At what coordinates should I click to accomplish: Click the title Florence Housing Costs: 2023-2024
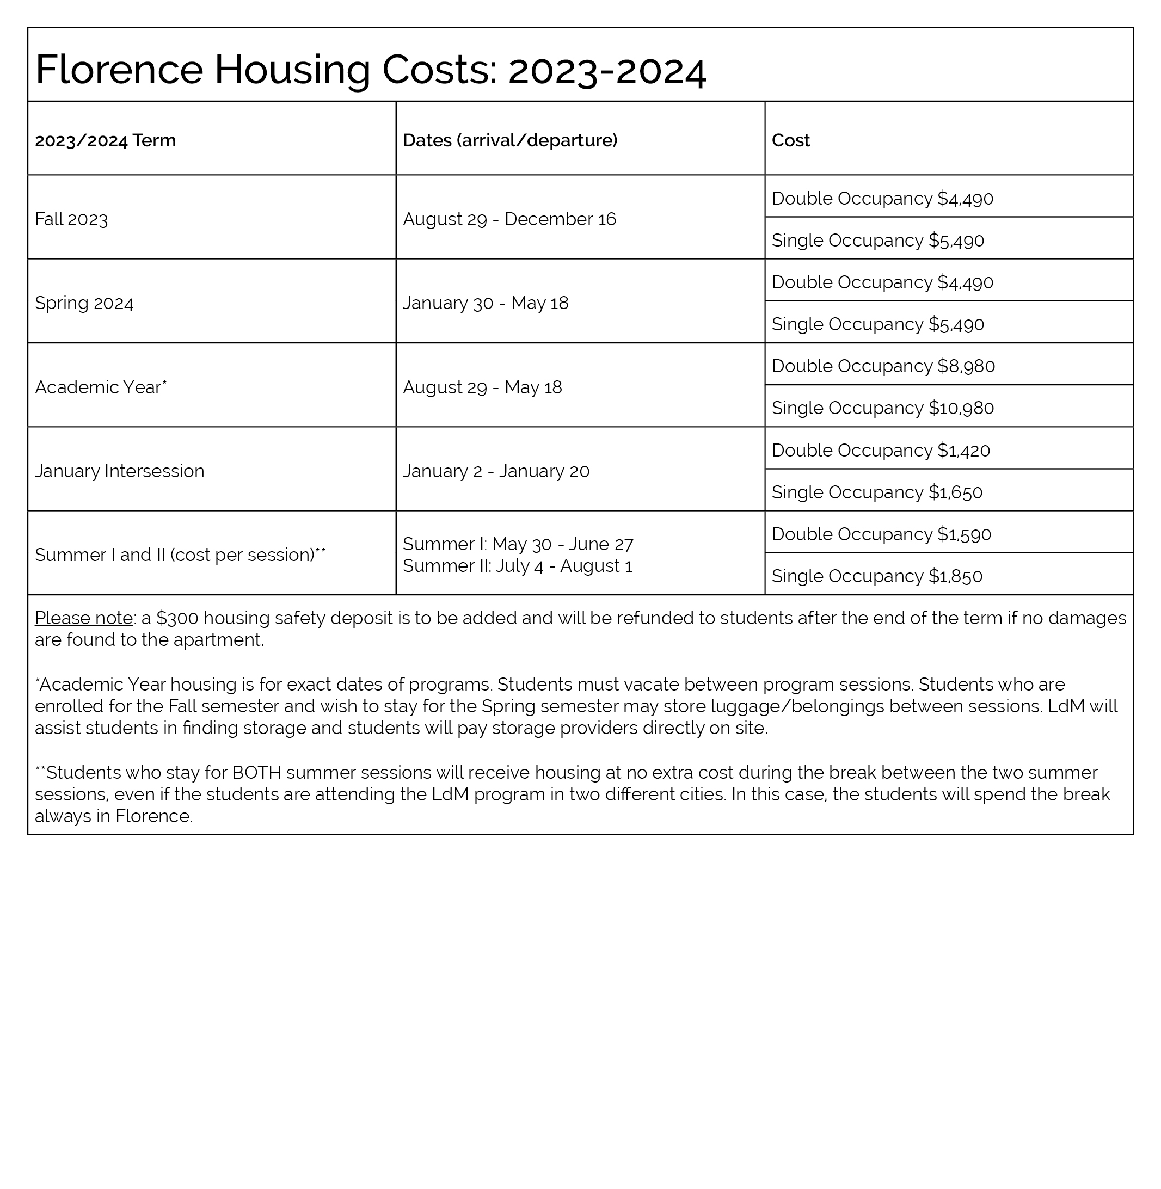pyautogui.click(x=370, y=69)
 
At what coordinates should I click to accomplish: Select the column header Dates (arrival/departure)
pyautogui.click(x=510, y=140)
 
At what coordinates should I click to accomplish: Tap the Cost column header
pyautogui.click(x=790, y=140)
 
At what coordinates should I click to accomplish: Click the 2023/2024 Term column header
pyautogui.click(x=105, y=140)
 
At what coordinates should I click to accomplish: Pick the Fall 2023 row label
pyautogui.click(x=71, y=219)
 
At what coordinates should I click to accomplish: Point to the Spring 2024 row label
pyautogui.click(x=84, y=303)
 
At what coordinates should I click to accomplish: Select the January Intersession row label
pyautogui.click(x=120, y=471)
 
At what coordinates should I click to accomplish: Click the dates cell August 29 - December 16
pyautogui.click(x=509, y=219)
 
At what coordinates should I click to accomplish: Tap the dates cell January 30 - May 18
pyautogui.click(x=486, y=303)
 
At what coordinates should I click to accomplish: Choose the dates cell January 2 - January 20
pyautogui.click(x=496, y=471)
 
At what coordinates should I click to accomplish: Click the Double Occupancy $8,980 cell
pyautogui.click(x=883, y=366)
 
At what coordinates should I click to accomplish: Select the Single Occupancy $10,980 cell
pyautogui.click(x=882, y=408)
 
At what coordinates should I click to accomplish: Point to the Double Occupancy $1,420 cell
pyautogui.click(x=881, y=451)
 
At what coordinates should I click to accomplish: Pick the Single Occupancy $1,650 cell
pyautogui.click(x=877, y=492)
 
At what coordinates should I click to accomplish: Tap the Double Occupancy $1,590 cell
pyautogui.click(x=881, y=534)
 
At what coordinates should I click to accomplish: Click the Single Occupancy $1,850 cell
pyautogui.click(x=877, y=576)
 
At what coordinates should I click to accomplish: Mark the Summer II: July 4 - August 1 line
pyautogui.click(x=517, y=566)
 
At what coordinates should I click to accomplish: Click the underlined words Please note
pyautogui.click(x=83, y=618)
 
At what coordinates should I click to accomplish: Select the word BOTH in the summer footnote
pyautogui.click(x=256, y=773)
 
